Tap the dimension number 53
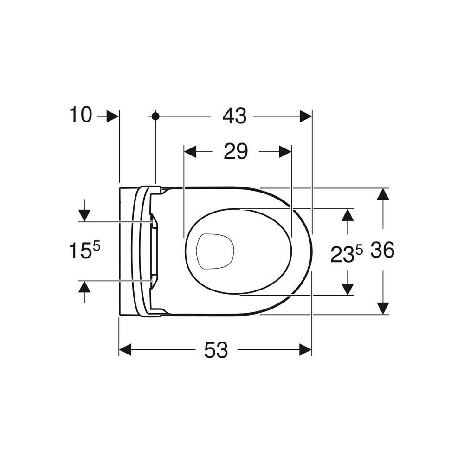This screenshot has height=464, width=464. click(x=216, y=349)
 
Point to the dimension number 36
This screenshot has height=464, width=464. click(x=383, y=250)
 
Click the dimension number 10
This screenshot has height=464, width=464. click(x=80, y=115)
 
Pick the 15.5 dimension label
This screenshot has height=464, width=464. click(x=84, y=251)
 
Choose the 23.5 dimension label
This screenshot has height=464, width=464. click(x=347, y=254)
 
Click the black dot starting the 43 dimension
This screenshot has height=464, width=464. click(x=155, y=116)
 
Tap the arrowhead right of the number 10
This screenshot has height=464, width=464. click(x=113, y=116)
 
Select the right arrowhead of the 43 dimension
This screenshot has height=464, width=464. click(x=306, y=116)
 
